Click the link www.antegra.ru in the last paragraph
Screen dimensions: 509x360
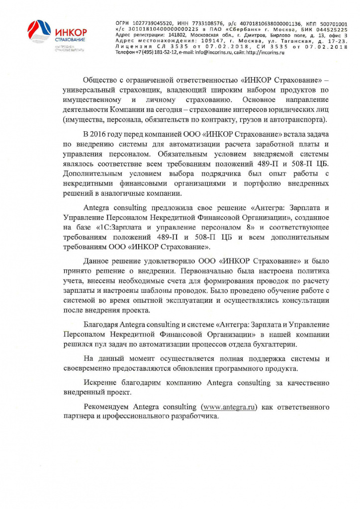[229, 407]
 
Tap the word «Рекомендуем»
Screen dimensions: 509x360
[107, 407]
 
